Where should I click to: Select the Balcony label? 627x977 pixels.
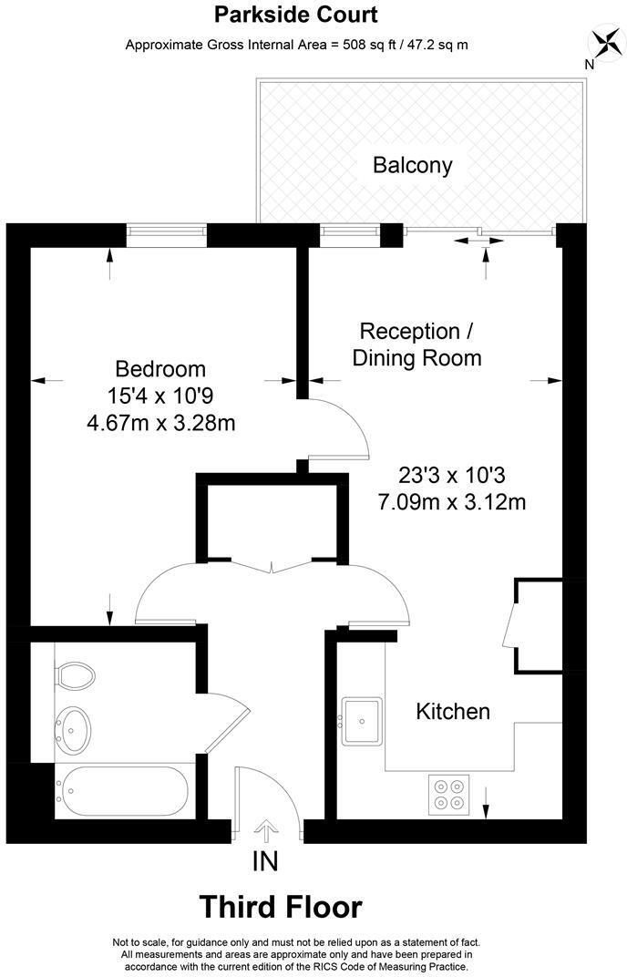412,165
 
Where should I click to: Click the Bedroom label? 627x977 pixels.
160,369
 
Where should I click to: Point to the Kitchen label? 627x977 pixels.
453,711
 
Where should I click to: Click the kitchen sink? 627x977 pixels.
364,721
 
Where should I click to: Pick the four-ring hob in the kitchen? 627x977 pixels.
448,792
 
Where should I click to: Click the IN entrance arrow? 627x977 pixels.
267,829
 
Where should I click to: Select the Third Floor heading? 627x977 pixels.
280,907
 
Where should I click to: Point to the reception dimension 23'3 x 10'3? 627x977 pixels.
451,475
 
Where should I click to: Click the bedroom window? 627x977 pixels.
167,232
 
